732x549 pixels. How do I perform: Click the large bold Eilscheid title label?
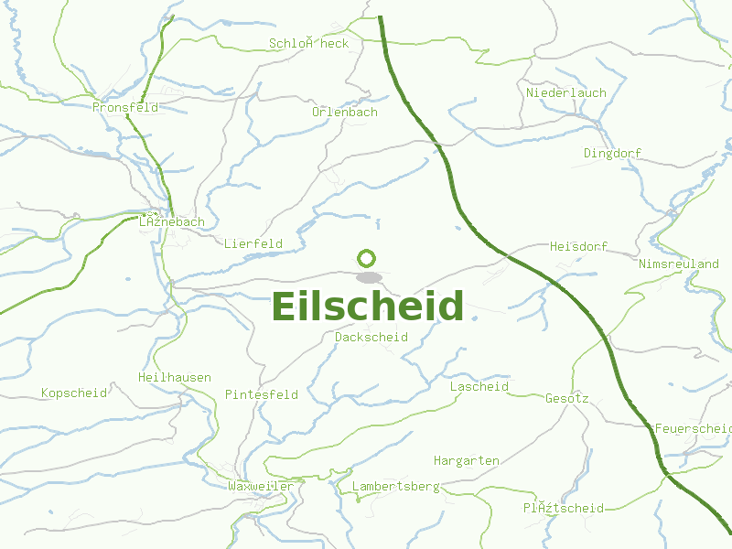[x=368, y=307]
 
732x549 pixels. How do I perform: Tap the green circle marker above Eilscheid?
[x=366, y=258]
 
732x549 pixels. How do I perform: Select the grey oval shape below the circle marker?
[x=368, y=277]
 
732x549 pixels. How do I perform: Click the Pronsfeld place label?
[x=125, y=107]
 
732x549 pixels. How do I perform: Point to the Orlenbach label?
[x=344, y=113]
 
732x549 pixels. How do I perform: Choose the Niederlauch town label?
[x=565, y=93]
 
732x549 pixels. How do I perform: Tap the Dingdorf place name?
[x=612, y=154]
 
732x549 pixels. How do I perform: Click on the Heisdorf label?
[x=578, y=247]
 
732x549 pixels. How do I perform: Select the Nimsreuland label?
[x=679, y=264]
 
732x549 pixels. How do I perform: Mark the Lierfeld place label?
[x=253, y=244]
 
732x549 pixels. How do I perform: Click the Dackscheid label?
[x=371, y=338]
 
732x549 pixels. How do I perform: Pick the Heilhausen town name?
[x=175, y=378]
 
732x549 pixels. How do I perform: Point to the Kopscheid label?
[x=74, y=393]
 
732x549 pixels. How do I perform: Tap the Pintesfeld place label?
[x=262, y=395]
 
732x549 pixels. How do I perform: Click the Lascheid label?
[x=479, y=387]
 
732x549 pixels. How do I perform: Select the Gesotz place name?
[x=567, y=399]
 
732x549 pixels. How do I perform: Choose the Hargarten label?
[x=467, y=460]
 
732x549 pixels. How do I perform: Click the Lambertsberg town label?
[x=395, y=487]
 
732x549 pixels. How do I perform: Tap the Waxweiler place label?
[x=261, y=487]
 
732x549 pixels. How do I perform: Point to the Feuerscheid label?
[x=693, y=429]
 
